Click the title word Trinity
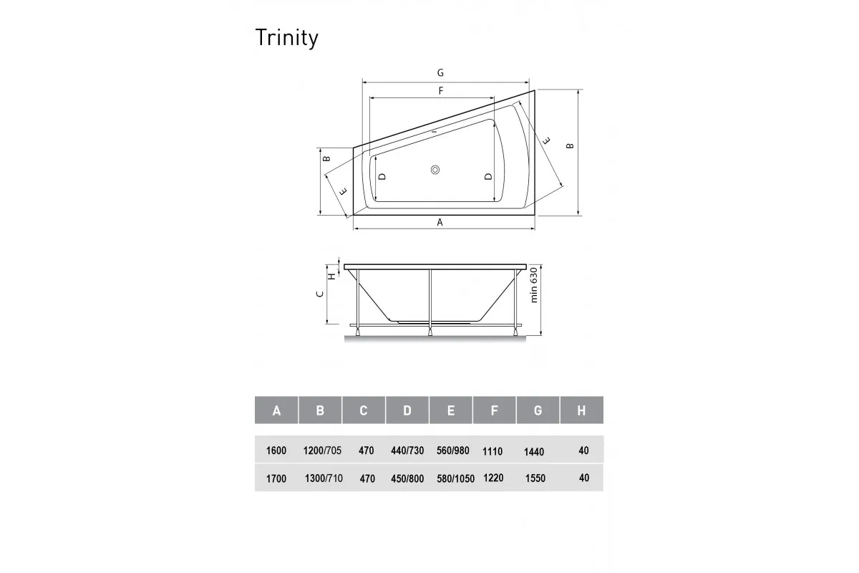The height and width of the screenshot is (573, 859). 286,39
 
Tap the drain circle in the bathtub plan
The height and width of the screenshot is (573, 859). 436,170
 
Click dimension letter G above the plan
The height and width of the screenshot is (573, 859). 441,72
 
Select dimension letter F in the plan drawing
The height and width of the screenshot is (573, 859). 441,91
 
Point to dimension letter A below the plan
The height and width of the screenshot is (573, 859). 440,223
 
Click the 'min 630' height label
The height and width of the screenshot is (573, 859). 533,285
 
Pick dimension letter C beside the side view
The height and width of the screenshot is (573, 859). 321,293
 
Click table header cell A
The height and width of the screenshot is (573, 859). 276,410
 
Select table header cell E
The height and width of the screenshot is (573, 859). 450,410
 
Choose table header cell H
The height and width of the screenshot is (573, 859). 581,410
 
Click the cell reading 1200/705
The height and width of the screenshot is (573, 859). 322,451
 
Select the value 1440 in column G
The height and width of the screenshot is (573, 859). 533,451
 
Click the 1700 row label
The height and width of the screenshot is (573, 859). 276,478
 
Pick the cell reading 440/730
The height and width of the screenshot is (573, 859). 407,451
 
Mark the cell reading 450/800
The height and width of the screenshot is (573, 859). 407,478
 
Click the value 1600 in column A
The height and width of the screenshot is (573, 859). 276,451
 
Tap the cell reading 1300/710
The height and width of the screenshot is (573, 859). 323,478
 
